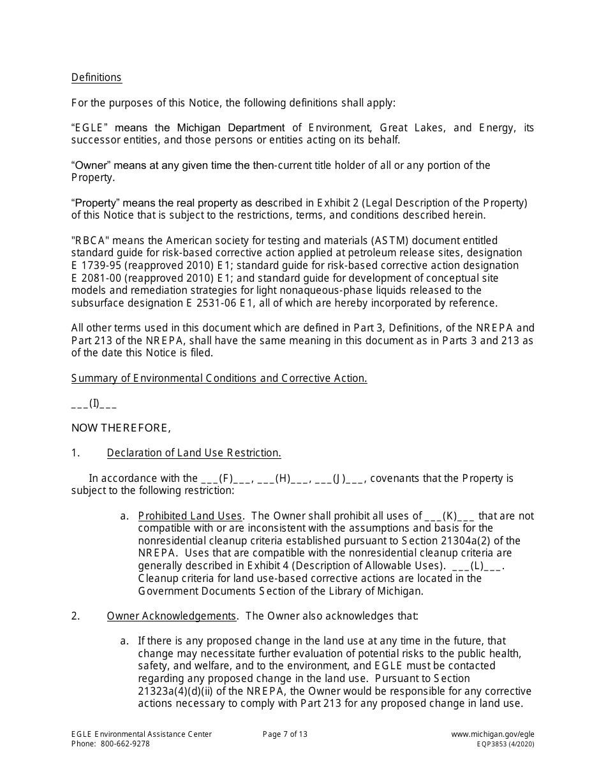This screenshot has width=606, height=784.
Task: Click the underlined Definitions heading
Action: click(96, 78)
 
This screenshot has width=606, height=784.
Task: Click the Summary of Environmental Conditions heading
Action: click(219, 378)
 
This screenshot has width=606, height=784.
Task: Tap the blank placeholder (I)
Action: click(94, 403)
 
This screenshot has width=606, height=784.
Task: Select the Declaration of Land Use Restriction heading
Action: click(194, 453)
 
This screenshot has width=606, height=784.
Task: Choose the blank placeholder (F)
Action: click(228, 479)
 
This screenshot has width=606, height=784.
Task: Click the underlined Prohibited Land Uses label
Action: click(190, 516)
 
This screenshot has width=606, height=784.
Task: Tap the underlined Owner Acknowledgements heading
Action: click(172, 616)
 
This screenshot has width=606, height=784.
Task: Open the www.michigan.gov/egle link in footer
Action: click(492, 734)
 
